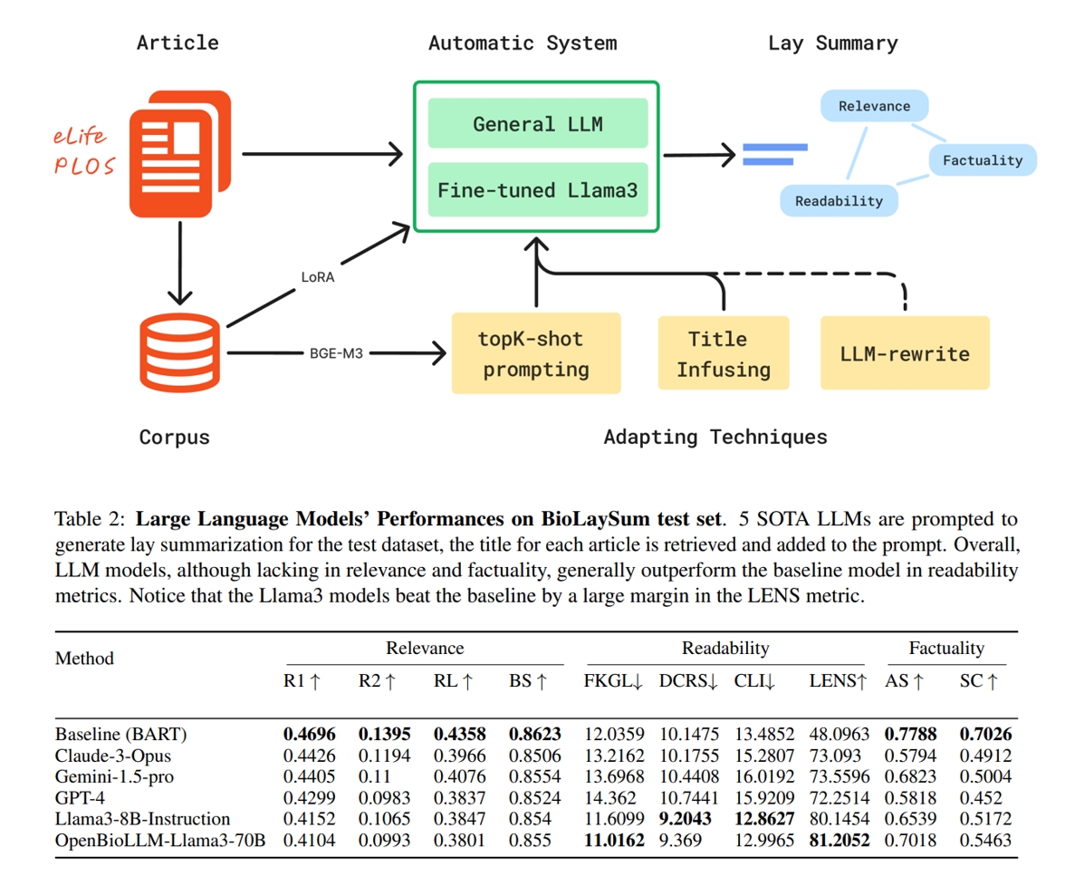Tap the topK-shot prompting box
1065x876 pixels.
coord(535,353)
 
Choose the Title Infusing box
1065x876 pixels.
coord(723,353)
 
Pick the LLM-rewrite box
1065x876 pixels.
coord(905,353)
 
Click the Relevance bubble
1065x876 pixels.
coord(874,106)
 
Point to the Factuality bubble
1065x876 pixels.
coord(982,160)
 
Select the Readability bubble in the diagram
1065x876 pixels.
coord(839,201)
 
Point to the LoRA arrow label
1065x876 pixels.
coord(317,277)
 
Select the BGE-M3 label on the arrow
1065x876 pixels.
coord(336,353)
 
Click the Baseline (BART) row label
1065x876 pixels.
coord(120,734)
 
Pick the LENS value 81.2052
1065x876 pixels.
coord(839,840)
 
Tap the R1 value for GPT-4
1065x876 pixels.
coord(309,797)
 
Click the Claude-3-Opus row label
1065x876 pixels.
coord(113,755)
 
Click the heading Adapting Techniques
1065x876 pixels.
coord(715,438)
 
